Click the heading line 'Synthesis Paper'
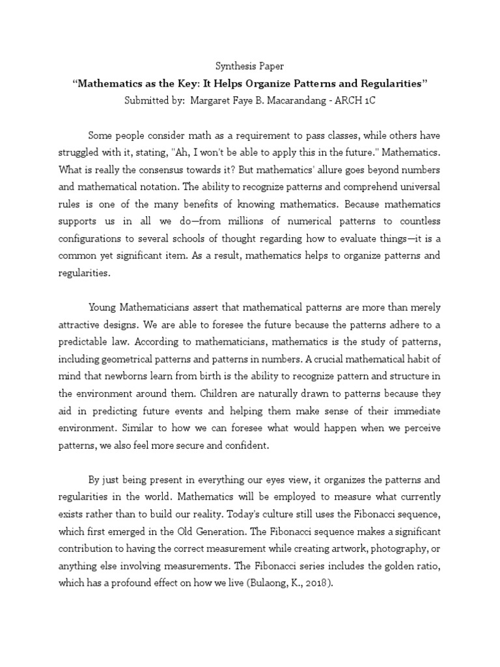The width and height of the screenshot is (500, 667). click(x=250, y=66)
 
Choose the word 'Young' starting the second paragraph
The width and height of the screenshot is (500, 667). click(x=103, y=307)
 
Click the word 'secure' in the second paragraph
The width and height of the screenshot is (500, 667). click(x=184, y=446)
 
